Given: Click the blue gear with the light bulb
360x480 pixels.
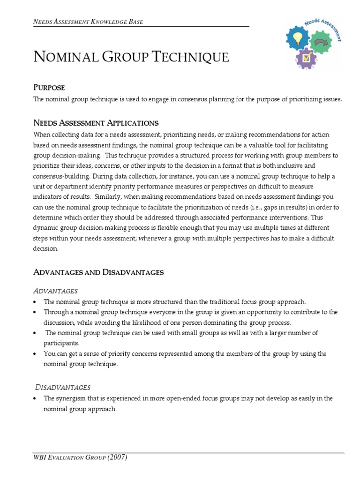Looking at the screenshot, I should (x=299, y=38).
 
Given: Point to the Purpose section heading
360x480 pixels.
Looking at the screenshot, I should (x=49, y=87).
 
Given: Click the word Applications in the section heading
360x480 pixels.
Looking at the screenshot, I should (x=133, y=123).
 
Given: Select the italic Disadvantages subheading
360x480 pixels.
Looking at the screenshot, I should (x=63, y=387).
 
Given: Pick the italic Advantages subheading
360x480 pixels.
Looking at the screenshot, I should (x=55, y=291).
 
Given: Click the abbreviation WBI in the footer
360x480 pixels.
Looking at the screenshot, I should (x=41, y=457).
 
